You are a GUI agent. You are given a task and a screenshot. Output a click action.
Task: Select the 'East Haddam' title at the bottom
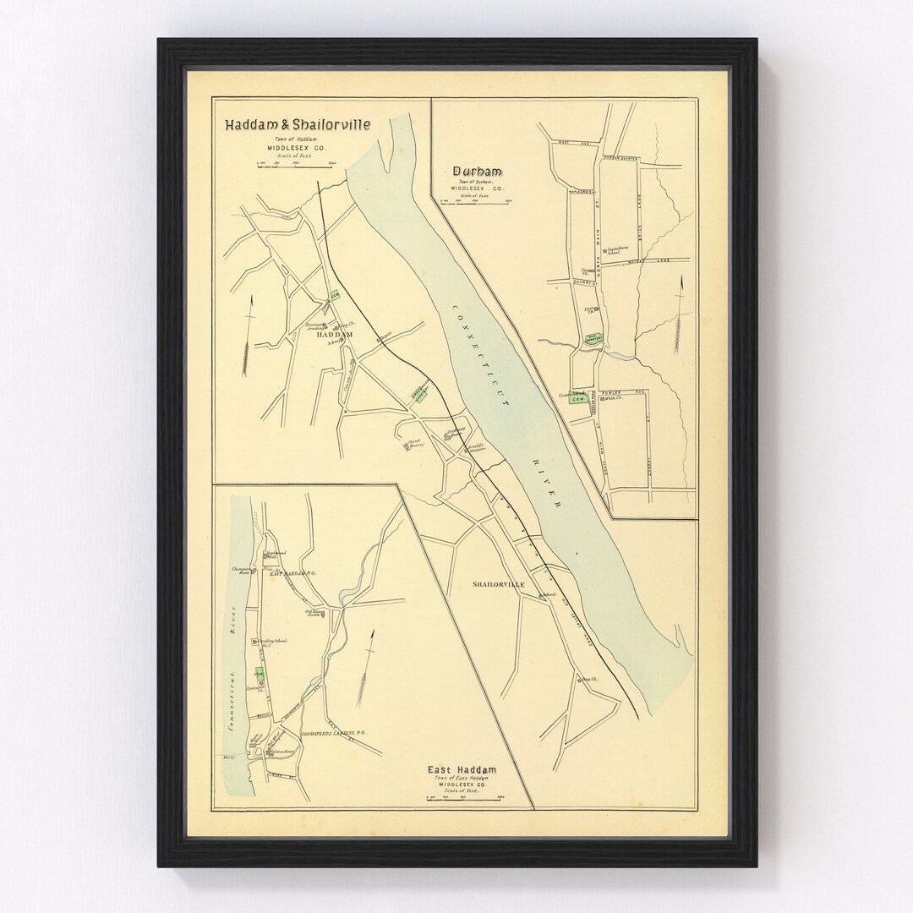click(461, 769)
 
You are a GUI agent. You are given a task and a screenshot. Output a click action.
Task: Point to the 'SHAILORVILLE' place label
click(498, 585)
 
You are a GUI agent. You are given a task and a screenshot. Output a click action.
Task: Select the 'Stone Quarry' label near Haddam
click(414, 443)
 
